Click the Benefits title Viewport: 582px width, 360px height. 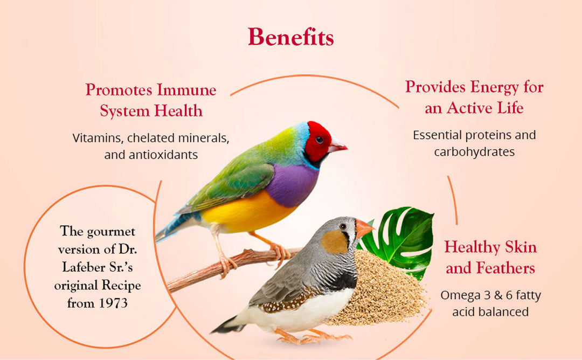[x=290, y=37]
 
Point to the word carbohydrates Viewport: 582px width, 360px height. [x=474, y=151]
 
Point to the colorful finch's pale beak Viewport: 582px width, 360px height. [x=337, y=145]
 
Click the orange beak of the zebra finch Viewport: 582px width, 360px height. [x=364, y=228]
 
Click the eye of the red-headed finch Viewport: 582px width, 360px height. [x=320, y=139]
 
